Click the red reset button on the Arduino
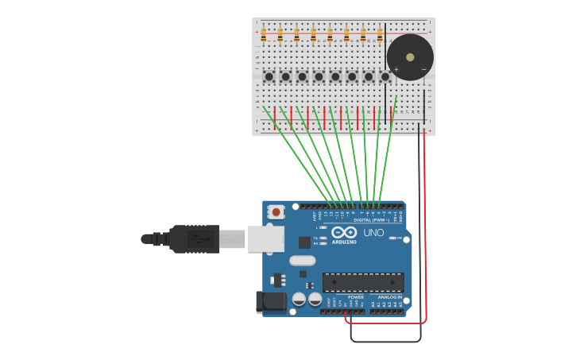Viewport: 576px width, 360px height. click(x=276, y=211)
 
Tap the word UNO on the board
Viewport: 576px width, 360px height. click(x=373, y=233)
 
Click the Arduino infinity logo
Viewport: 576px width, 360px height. click(x=345, y=232)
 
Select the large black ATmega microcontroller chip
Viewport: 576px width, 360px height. click(x=363, y=281)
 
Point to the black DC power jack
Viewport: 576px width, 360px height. click(x=270, y=302)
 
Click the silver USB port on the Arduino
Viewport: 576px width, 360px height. click(x=265, y=238)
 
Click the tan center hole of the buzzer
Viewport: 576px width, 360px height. click(x=410, y=57)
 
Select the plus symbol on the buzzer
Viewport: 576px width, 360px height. click(x=396, y=69)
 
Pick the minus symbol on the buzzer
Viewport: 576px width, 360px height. click(x=423, y=70)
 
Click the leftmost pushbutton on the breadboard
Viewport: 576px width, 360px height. click(x=269, y=77)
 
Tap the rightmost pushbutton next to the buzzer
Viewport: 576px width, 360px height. click(x=385, y=77)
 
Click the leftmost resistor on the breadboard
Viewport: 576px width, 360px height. click(x=264, y=35)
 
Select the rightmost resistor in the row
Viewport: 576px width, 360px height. click(x=380, y=35)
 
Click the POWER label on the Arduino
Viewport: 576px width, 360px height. click(x=355, y=297)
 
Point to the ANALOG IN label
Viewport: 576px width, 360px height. click(x=389, y=297)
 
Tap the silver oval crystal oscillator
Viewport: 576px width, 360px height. click(x=302, y=260)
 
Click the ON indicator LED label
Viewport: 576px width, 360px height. click(x=392, y=238)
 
